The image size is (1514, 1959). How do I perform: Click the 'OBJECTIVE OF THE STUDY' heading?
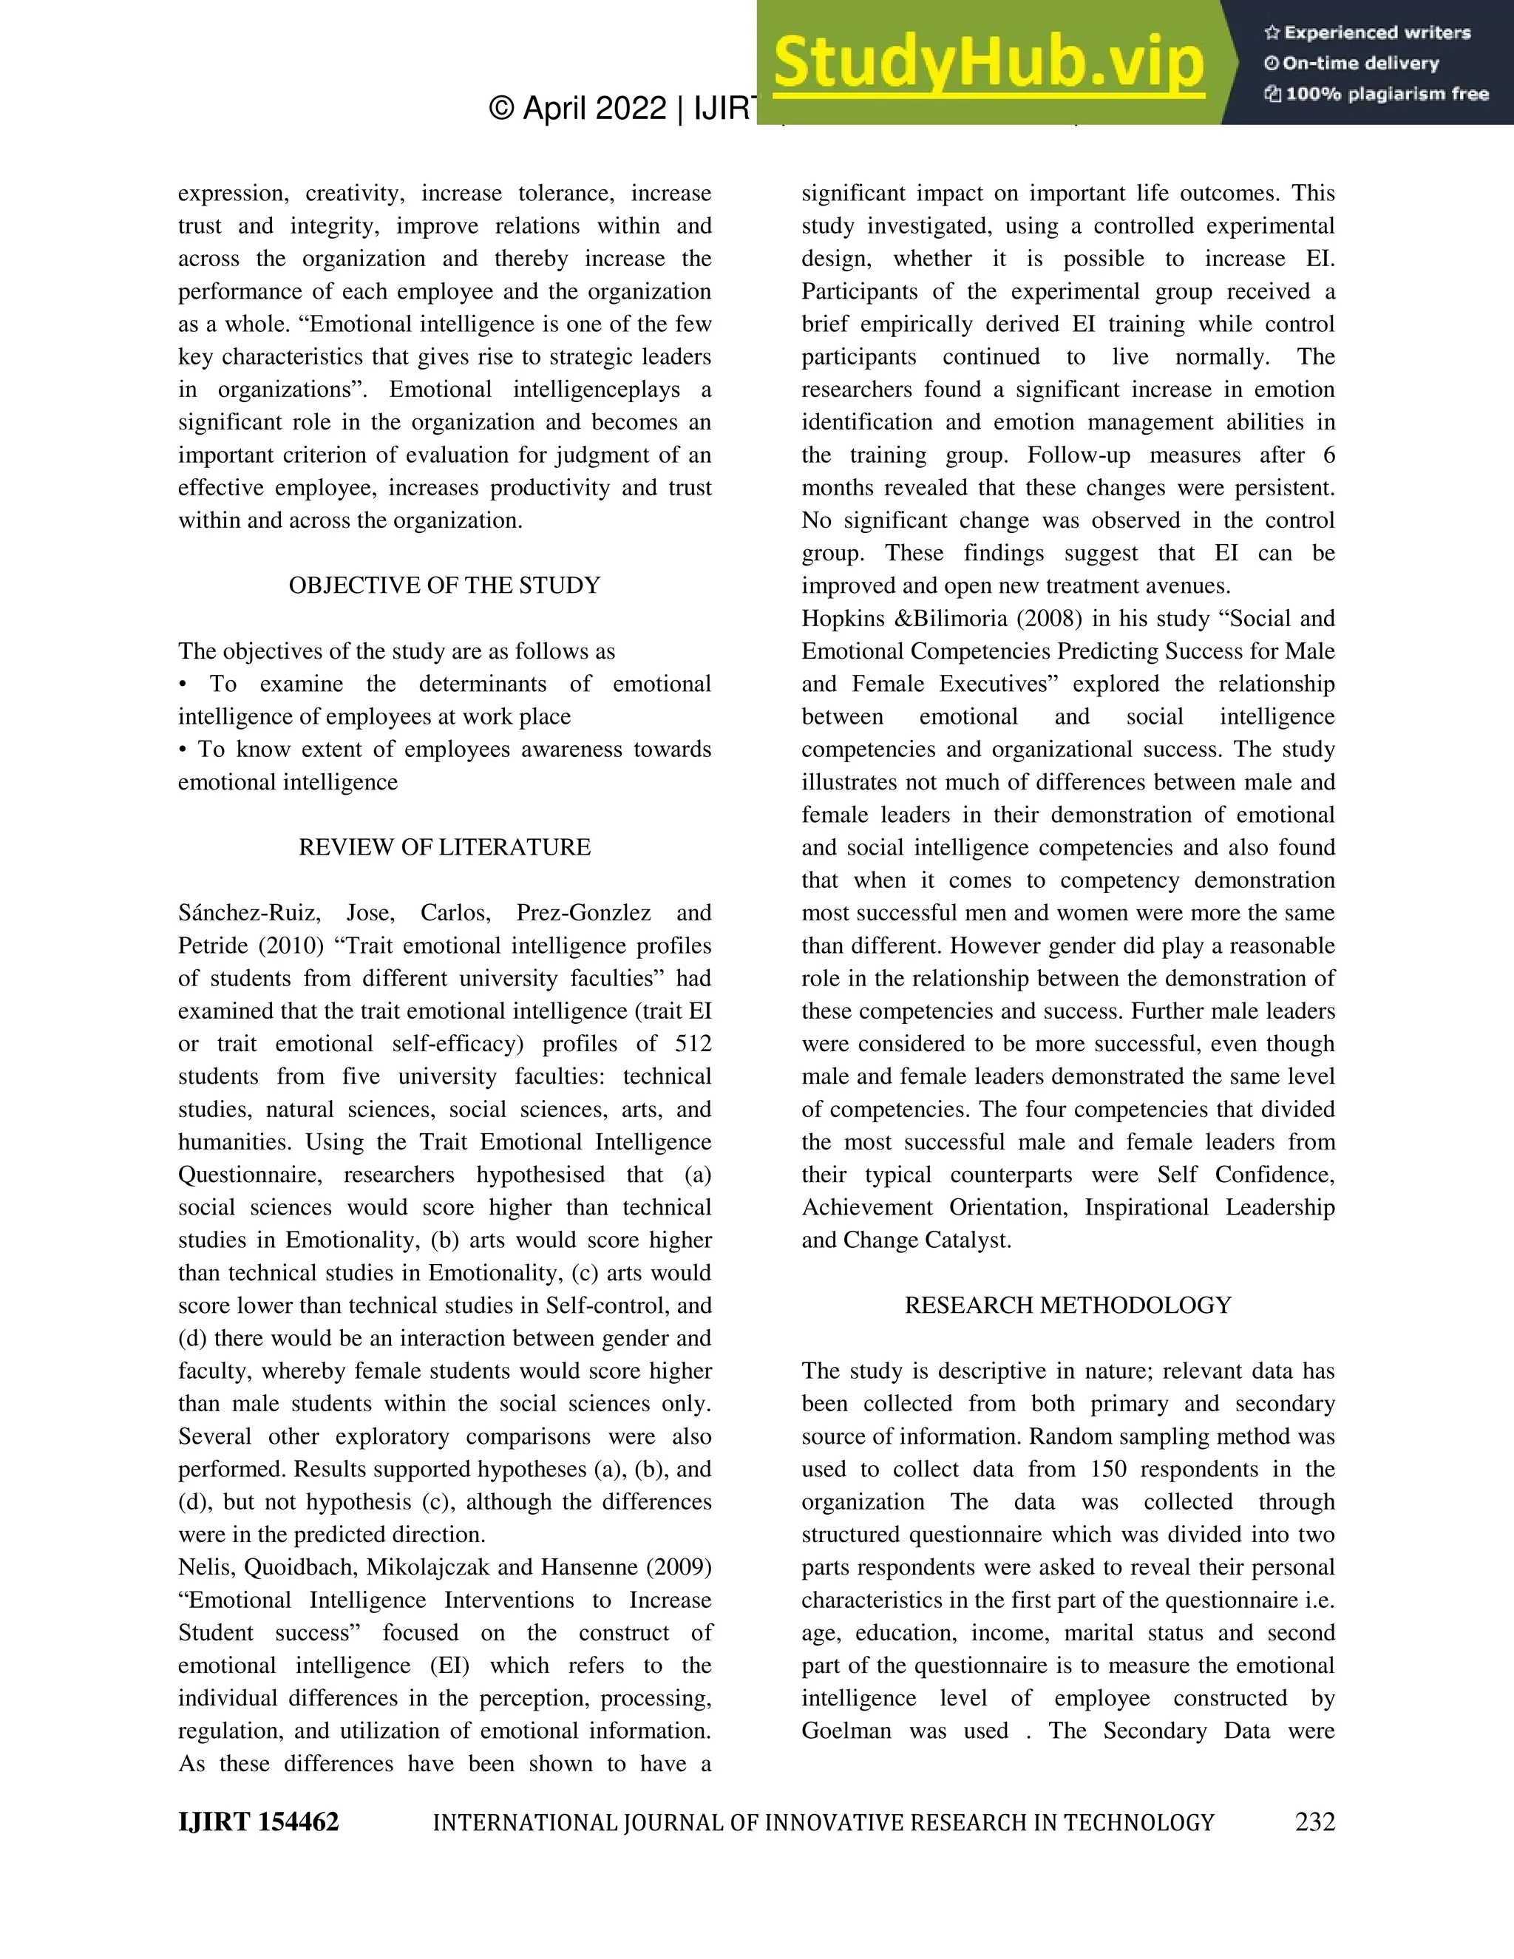click(x=444, y=585)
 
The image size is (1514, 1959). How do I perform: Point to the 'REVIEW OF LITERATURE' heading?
click(x=444, y=848)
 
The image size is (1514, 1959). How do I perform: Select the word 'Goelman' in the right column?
click(x=846, y=1731)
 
